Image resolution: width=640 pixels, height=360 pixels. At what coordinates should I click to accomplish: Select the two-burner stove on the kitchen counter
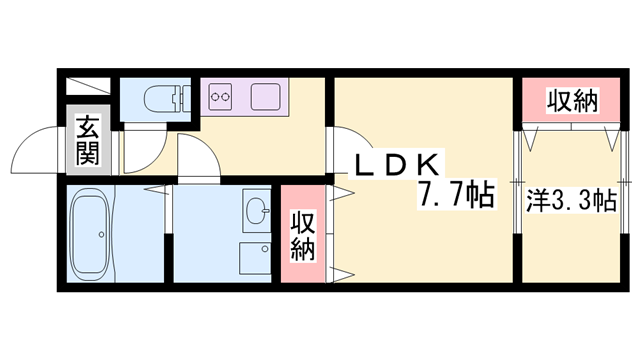pyautogui.click(x=222, y=99)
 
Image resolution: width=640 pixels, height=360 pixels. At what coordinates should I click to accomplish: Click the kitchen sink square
pyautogui.click(x=265, y=99)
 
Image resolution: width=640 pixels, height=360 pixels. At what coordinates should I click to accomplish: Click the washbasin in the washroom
pyautogui.click(x=257, y=211)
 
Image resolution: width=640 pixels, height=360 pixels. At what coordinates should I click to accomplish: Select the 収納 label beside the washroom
pyautogui.click(x=301, y=237)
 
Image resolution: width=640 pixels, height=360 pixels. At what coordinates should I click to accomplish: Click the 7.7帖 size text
pyautogui.click(x=457, y=194)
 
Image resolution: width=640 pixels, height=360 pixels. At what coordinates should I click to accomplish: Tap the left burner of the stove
pyautogui.click(x=215, y=99)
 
